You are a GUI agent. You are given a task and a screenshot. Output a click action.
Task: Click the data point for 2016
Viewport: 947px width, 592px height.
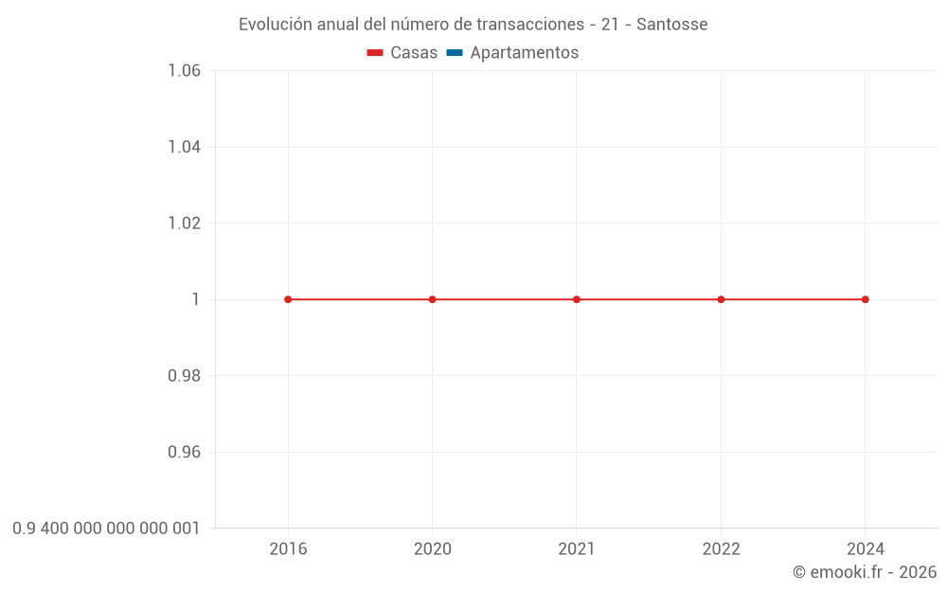(288, 299)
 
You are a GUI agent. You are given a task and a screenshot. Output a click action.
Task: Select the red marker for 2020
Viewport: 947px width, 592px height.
(433, 299)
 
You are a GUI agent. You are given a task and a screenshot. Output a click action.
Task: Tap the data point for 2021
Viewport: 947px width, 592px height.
(577, 299)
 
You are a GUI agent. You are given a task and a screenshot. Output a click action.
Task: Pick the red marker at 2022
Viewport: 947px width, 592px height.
(721, 299)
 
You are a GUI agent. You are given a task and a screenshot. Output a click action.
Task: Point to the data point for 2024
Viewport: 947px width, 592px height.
(866, 299)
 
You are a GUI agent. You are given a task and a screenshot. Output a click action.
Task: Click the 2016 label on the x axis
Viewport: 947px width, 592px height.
(288, 548)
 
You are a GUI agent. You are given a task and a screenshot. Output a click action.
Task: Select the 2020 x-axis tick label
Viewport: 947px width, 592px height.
(433, 548)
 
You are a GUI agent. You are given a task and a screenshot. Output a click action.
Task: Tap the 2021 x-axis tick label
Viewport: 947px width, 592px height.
(577, 548)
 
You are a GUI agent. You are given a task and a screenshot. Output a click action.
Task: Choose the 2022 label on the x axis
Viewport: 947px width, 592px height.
(721, 548)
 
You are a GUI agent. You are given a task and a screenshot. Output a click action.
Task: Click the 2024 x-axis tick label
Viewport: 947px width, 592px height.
(866, 548)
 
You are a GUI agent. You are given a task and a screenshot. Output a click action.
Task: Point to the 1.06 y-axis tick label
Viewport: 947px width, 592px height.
(184, 71)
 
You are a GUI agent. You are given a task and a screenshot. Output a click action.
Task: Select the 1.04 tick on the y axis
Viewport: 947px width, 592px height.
(184, 147)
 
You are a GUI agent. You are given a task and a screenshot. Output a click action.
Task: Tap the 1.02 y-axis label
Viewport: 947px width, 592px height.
(184, 224)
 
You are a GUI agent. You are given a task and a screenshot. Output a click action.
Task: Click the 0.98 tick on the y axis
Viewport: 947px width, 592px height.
(184, 376)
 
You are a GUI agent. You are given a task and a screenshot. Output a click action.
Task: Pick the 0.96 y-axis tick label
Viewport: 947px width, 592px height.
(184, 452)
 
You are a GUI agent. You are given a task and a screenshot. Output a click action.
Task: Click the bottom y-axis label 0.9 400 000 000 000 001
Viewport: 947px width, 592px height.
(106, 528)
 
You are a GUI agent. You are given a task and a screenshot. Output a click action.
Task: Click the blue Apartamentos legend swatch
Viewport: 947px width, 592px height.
(454, 53)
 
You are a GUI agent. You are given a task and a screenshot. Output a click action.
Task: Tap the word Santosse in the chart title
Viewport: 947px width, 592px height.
(671, 25)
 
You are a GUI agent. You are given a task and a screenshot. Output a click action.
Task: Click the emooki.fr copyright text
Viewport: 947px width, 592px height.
(865, 572)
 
